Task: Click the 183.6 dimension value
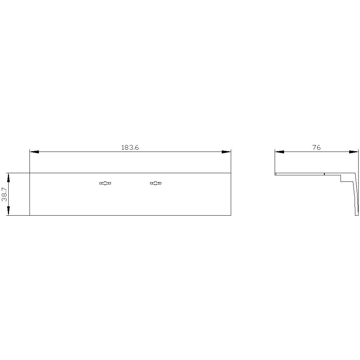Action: tap(130, 147)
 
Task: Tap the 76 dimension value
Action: tap(316, 147)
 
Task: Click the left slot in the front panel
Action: tap(105, 183)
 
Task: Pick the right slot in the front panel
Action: tap(156, 183)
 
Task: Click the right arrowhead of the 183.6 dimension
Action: tap(226, 152)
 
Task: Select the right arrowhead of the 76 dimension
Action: tap(354, 152)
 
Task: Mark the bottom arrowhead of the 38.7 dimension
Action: tap(8, 211)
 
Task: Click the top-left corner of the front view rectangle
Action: tap(30, 173)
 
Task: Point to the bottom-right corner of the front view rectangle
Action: tap(230, 215)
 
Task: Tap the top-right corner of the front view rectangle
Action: tap(230, 173)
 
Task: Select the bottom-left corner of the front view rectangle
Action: tap(30, 215)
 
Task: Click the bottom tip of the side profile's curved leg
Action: tap(357, 215)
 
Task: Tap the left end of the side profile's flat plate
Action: tap(275, 174)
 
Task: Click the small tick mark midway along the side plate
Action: tap(324, 174)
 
